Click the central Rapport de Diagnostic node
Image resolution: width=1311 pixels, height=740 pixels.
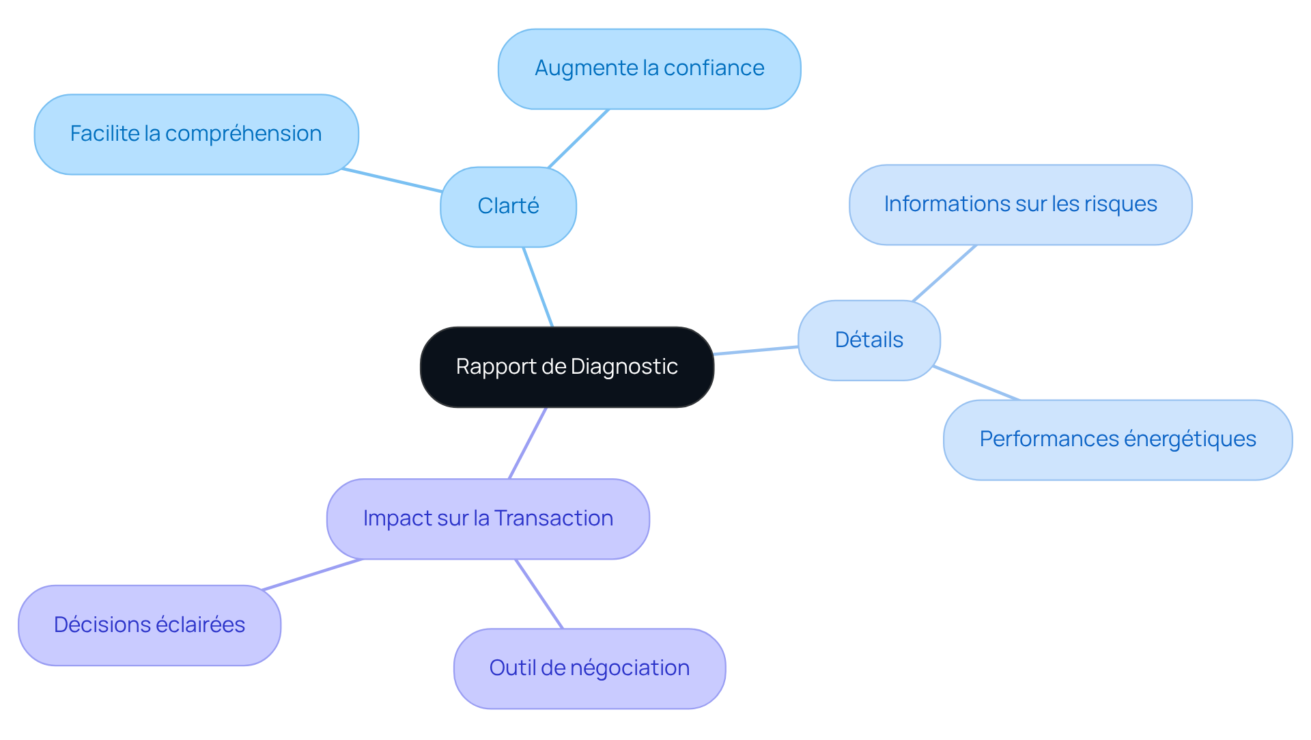[567, 367]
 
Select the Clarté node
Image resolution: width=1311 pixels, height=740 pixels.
[508, 206]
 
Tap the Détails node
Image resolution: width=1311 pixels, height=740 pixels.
[869, 340]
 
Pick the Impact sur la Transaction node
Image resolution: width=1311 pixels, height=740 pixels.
[488, 519]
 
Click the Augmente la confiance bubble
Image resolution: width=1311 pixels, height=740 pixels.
[649, 68]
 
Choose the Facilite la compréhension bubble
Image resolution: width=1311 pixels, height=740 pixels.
[196, 134]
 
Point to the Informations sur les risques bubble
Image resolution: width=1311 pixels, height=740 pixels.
[1020, 204]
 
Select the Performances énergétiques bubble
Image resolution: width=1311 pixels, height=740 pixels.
[1117, 439]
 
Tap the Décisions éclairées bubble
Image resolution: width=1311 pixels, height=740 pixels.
[149, 625]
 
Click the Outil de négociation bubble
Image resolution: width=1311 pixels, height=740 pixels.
[589, 668]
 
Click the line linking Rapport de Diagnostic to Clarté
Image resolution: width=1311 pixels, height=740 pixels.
[538, 287]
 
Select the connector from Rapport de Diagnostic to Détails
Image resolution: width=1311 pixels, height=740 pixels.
[756, 351]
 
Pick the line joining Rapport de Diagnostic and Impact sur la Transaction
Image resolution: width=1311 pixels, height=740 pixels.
[528, 443]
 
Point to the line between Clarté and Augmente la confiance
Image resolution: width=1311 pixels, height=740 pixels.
[578, 138]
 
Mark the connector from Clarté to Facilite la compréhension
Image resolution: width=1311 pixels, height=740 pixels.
[392, 180]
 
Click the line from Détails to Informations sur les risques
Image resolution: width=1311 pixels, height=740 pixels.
[944, 273]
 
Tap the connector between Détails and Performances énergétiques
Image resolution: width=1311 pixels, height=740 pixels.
[976, 383]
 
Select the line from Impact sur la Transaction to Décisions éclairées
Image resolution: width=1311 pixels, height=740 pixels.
[312, 574]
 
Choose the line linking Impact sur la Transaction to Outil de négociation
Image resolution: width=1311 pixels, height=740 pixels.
[539, 594]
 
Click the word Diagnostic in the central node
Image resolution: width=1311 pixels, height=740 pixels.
[623, 367]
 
